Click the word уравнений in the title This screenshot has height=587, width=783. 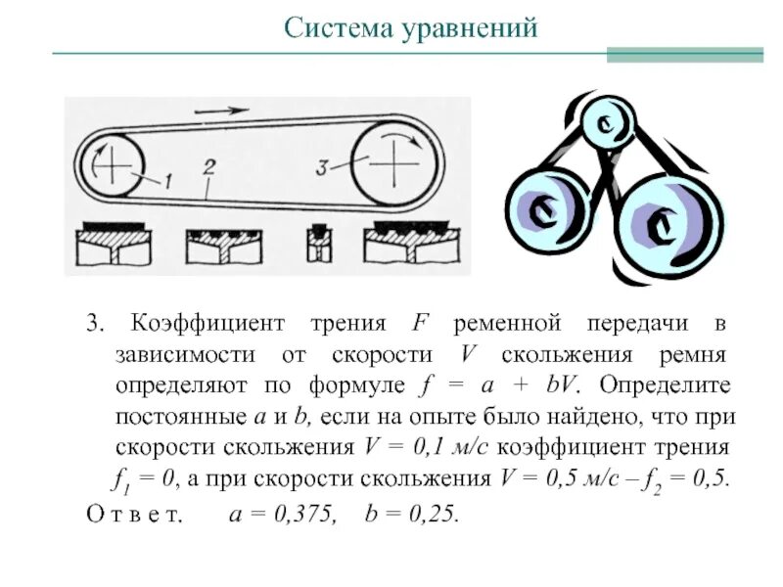click(469, 28)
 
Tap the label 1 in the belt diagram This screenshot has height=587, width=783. click(167, 179)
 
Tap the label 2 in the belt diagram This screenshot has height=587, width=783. click(207, 166)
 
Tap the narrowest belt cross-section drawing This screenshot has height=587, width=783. click(316, 247)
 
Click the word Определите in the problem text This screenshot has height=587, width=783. click(682, 384)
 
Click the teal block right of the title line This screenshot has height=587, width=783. click(684, 53)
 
